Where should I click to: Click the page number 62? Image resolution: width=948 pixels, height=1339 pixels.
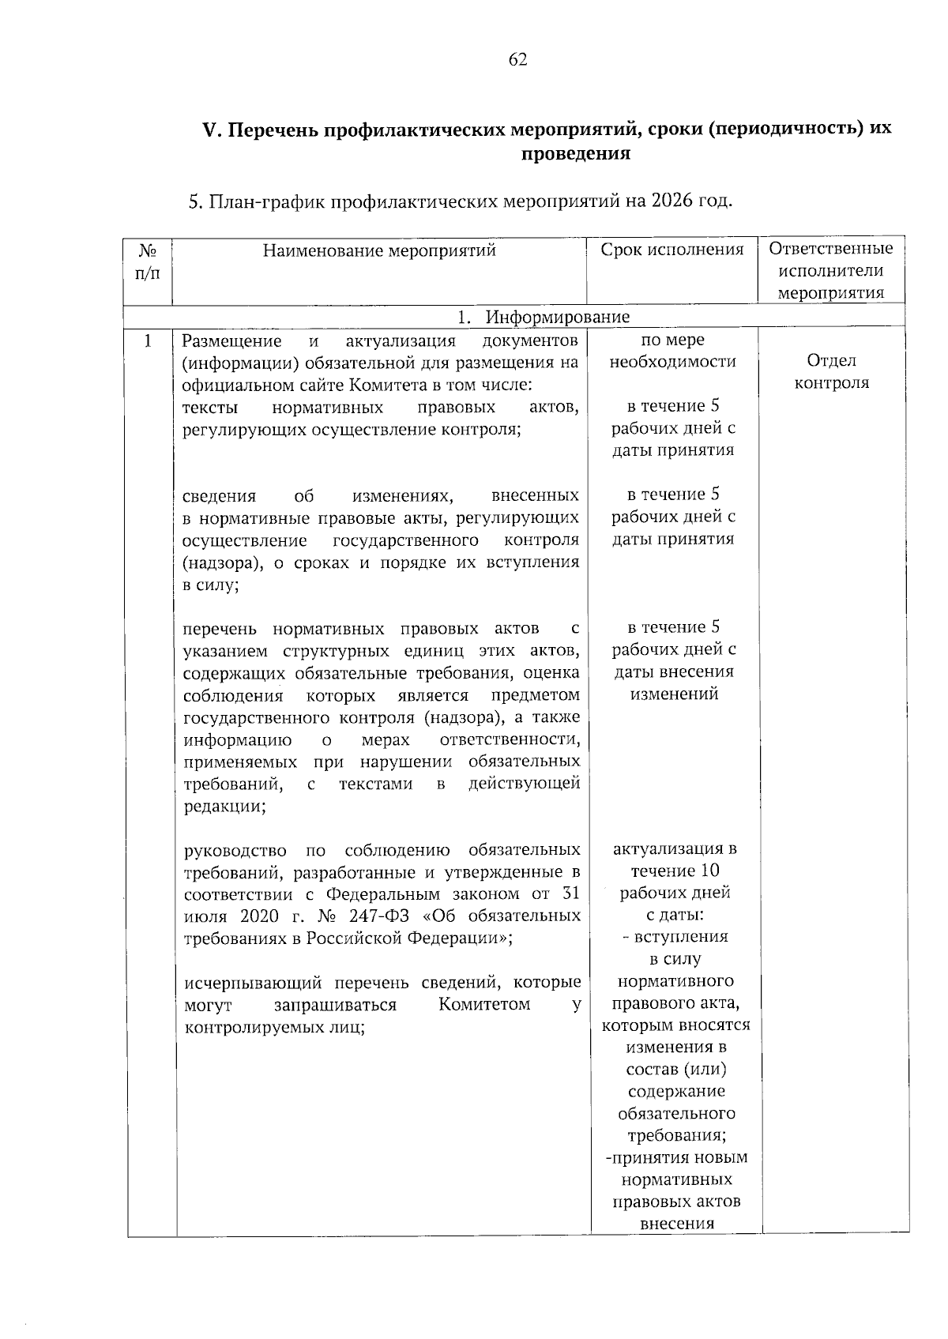pyautogui.click(x=518, y=61)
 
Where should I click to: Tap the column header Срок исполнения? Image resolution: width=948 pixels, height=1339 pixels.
pyautogui.click(x=671, y=250)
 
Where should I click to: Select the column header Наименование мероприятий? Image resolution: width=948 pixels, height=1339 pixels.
pyautogui.click(x=379, y=251)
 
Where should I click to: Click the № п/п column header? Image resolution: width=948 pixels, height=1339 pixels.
pyautogui.click(x=148, y=262)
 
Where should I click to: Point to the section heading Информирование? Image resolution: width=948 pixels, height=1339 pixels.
pyautogui.click(x=557, y=317)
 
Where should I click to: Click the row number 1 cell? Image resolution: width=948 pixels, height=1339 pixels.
pyautogui.click(x=148, y=340)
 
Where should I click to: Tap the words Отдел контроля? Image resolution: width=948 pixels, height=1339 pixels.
pyautogui.click(x=831, y=371)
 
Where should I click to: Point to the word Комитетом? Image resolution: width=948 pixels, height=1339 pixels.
pyautogui.click(x=483, y=1005)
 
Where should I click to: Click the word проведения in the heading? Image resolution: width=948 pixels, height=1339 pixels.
pyautogui.click(x=575, y=154)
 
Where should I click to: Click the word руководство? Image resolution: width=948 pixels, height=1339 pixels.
pyautogui.click(x=235, y=850)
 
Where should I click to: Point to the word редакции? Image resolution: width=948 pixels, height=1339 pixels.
pyautogui.click(x=224, y=807)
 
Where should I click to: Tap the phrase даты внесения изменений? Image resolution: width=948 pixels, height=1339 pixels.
pyautogui.click(x=673, y=683)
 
